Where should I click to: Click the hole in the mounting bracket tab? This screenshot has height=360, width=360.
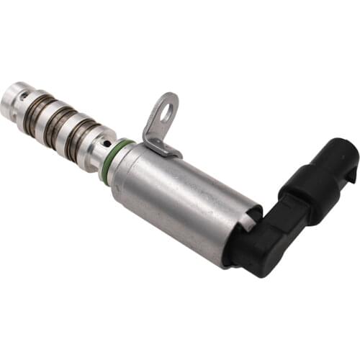coord(167,110)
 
